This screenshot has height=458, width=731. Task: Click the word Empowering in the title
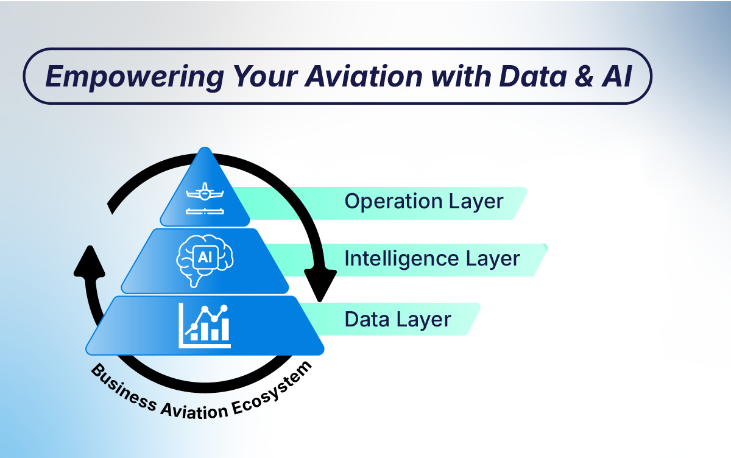[135, 77]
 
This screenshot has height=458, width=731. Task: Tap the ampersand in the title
[584, 76]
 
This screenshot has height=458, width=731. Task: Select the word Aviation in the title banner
[364, 76]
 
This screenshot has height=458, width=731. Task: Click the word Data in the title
[532, 76]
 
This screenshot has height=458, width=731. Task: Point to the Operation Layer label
[424, 202]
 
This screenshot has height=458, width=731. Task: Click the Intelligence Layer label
[432, 259]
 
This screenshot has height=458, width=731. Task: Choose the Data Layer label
[398, 320]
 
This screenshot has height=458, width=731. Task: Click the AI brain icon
[205, 261]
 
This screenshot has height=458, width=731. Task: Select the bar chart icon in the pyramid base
[205, 326]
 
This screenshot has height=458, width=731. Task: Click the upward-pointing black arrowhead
[90, 261]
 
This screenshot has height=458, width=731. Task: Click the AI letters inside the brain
[205, 257]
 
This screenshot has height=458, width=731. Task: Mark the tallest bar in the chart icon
[225, 329]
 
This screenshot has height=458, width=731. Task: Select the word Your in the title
[265, 76]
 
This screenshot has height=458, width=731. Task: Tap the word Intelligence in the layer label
[402, 259]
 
